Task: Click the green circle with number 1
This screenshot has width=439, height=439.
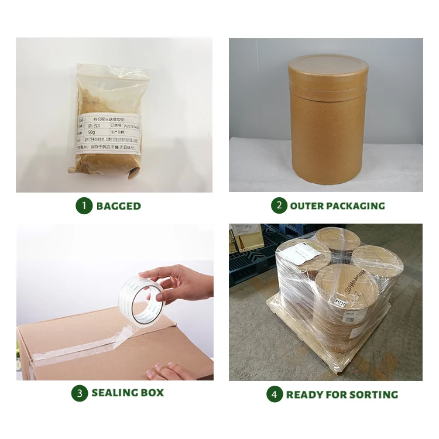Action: click(84, 205)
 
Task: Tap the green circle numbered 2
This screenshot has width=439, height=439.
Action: click(279, 205)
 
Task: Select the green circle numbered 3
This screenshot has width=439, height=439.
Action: click(80, 393)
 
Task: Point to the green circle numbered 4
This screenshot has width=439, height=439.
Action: click(274, 394)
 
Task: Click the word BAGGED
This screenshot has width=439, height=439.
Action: click(119, 206)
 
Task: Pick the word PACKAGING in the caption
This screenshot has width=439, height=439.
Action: click(357, 206)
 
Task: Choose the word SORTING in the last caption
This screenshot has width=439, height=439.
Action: click(374, 395)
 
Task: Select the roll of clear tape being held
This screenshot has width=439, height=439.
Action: click(140, 297)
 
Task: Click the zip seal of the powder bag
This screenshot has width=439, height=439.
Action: click(111, 68)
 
